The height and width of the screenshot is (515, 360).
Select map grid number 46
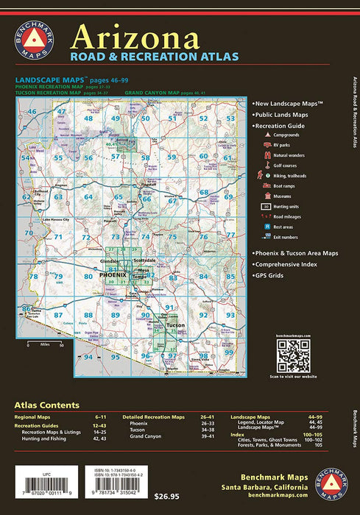(32, 111)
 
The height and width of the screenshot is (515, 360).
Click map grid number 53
(230, 118)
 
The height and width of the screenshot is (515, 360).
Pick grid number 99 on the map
(229, 352)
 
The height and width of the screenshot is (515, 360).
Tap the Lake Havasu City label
(56, 220)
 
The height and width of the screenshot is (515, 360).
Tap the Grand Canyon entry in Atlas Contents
(146, 436)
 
